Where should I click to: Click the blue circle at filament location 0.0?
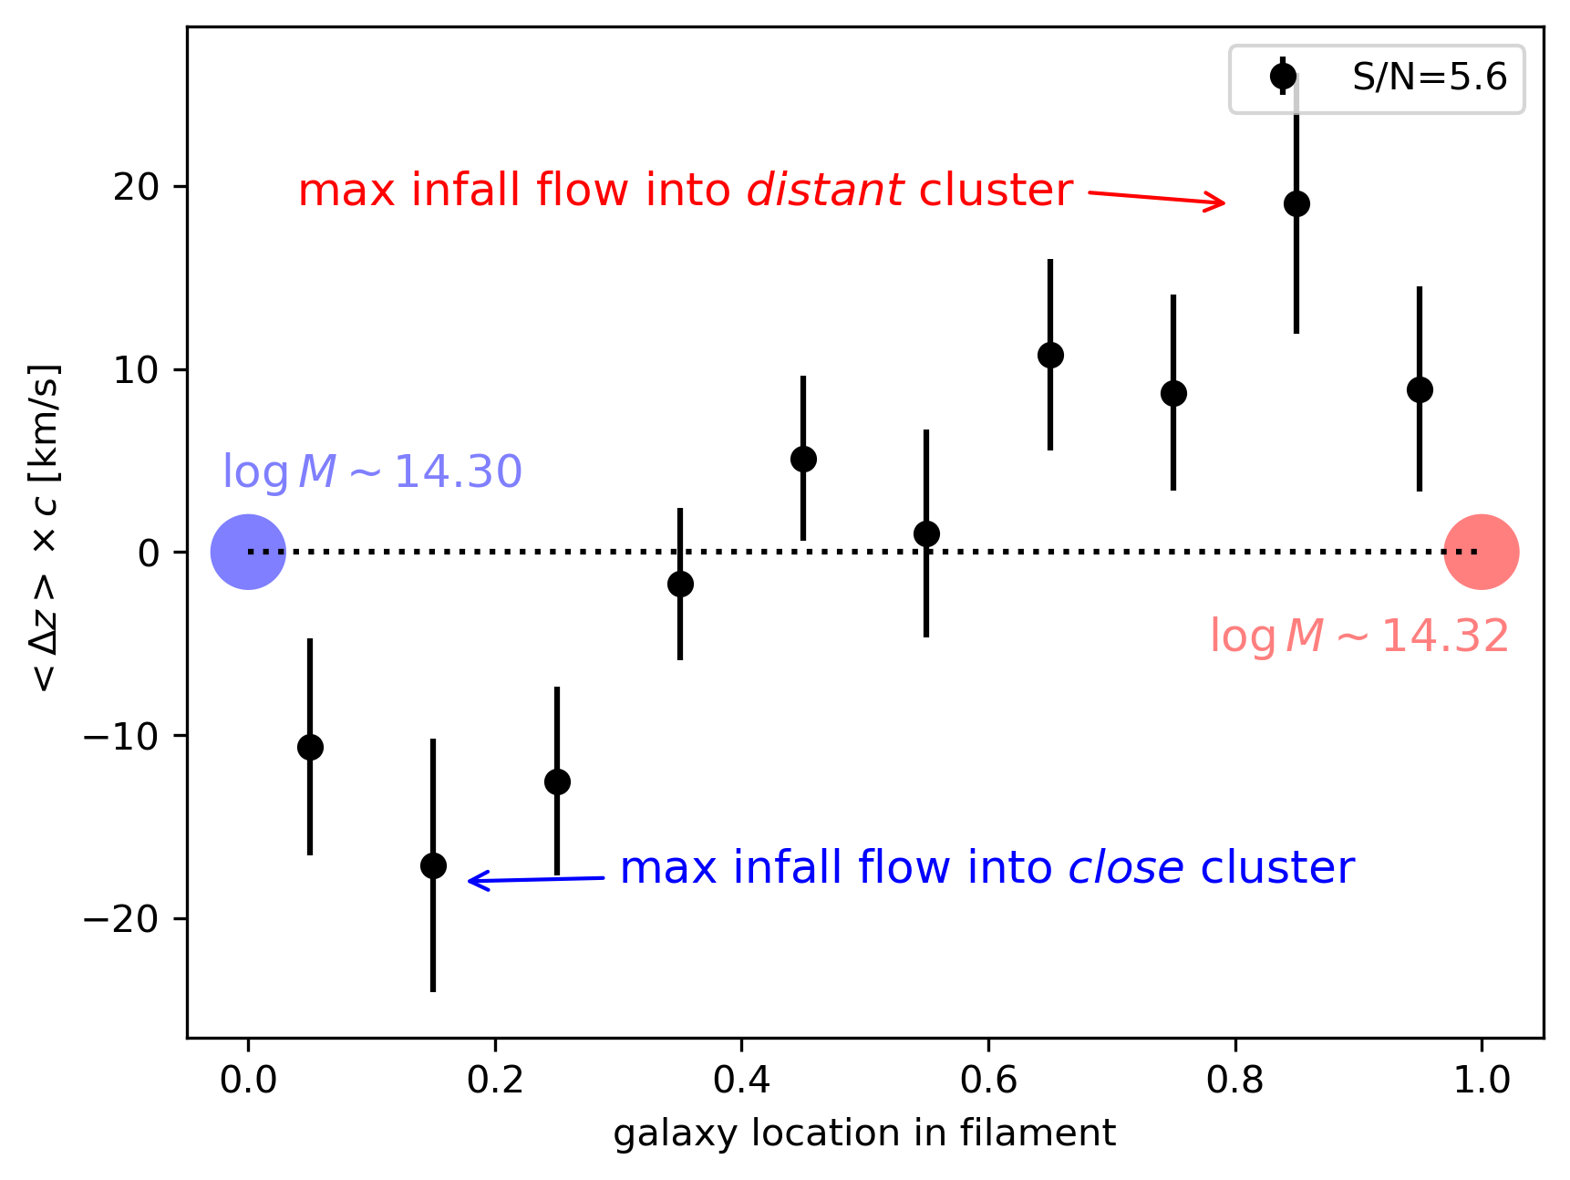(x=248, y=552)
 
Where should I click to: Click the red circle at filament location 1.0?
(x=1481, y=552)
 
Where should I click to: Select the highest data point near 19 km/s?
(x=1296, y=203)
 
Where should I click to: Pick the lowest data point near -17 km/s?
(x=433, y=865)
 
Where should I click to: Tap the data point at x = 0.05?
(x=310, y=747)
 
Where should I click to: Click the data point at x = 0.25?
(x=557, y=781)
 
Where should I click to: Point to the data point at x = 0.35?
(x=680, y=584)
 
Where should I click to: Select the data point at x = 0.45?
(x=803, y=459)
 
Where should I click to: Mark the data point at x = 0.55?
(x=926, y=533)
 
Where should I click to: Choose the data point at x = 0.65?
(x=1050, y=355)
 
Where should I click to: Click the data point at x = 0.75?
(x=1173, y=393)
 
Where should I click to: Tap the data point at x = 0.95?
(x=1420, y=389)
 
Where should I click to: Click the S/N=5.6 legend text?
(x=1429, y=78)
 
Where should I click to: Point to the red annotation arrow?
(x=1156, y=198)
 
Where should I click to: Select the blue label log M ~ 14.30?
(x=372, y=471)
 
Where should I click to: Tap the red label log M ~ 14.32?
(x=1358, y=636)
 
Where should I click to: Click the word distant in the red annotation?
(x=825, y=191)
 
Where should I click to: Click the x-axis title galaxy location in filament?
(x=864, y=1133)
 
